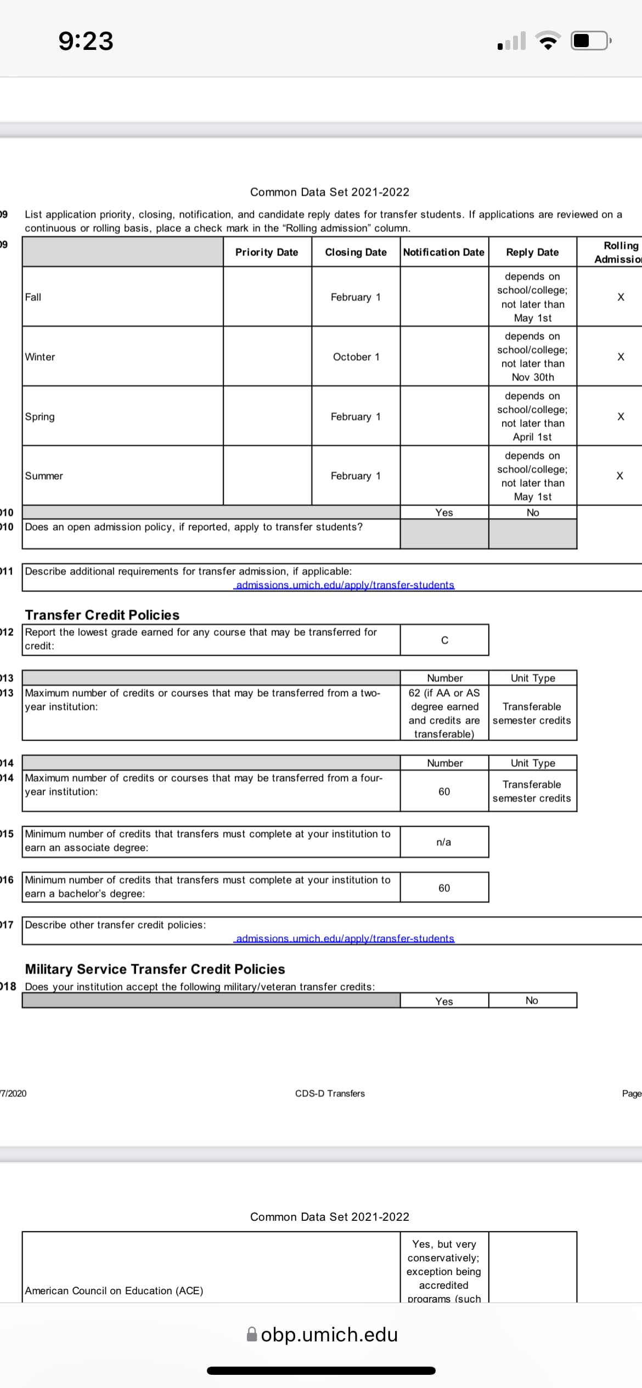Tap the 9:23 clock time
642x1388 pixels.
(86, 41)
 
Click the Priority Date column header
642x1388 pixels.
(267, 252)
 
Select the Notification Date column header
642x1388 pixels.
(443, 252)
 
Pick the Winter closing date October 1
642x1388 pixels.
(356, 357)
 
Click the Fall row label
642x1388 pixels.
(33, 297)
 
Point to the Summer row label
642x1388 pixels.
(44, 476)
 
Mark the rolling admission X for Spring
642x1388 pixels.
(621, 417)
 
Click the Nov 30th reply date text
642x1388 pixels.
(533, 377)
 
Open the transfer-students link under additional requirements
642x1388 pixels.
(345, 585)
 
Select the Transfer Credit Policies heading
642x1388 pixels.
(103, 615)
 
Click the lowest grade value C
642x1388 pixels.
(444, 640)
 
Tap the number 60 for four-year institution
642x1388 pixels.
(444, 792)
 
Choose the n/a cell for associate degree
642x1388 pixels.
(444, 842)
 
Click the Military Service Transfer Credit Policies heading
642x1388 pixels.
(155, 969)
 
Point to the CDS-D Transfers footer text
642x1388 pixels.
(330, 1093)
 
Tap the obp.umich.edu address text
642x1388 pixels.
(329, 1334)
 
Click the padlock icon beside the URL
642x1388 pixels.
(252, 1334)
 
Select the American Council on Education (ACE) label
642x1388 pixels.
(114, 1290)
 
